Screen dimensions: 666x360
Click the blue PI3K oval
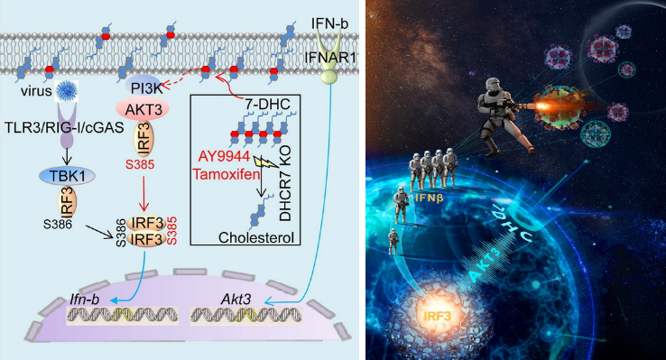pyautogui.click(x=143, y=87)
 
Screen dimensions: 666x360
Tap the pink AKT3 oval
pyautogui.click(x=143, y=108)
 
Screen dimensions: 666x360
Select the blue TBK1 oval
pyautogui.click(x=67, y=176)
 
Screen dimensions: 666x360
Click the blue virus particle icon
pyautogui.click(x=67, y=90)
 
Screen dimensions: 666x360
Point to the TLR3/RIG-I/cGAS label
pyautogui.click(x=64, y=126)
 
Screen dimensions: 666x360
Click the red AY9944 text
pyautogui.click(x=224, y=156)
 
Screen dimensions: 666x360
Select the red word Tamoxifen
pyautogui.click(x=226, y=173)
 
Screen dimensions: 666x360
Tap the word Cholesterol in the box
pyautogui.click(x=256, y=237)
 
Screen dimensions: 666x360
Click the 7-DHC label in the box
pyautogui.click(x=268, y=104)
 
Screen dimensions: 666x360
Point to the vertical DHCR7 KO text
pyautogui.click(x=285, y=183)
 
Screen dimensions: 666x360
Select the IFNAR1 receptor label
pyautogui.click(x=330, y=58)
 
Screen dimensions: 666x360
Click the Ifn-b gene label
pyautogui.click(x=85, y=300)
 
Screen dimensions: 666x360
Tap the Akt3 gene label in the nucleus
pyautogui.click(x=236, y=300)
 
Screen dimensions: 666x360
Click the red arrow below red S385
pyautogui.click(x=144, y=192)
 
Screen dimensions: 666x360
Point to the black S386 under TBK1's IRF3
pyautogui.click(x=58, y=223)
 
